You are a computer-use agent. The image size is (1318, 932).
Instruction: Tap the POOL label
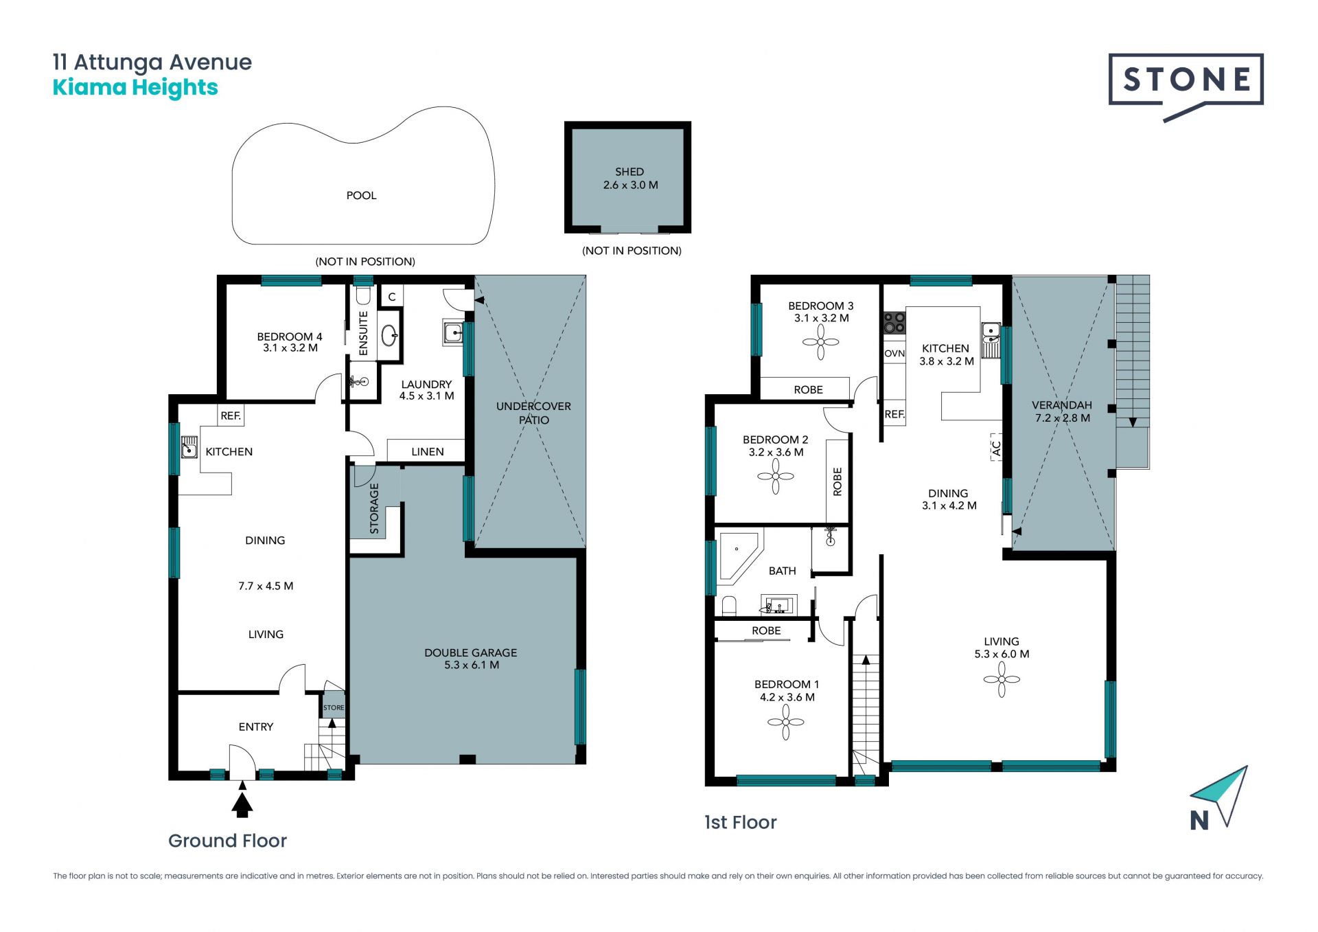click(361, 196)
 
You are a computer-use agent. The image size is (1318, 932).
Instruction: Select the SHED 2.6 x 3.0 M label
click(630, 179)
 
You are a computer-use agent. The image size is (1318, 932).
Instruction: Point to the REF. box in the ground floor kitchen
click(231, 416)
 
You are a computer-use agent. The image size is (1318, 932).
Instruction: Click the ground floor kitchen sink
click(189, 447)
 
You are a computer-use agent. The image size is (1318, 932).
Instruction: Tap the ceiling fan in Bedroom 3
click(820, 342)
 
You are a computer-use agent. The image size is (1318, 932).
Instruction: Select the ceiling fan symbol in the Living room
click(1002, 679)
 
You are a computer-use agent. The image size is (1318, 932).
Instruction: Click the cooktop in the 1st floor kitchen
click(894, 323)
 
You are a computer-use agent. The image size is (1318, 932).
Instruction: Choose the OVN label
click(894, 354)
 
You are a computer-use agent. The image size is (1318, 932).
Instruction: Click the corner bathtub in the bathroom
click(739, 556)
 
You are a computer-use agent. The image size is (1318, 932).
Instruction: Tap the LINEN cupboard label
click(428, 452)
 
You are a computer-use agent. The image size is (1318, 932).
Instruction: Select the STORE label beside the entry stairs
click(334, 707)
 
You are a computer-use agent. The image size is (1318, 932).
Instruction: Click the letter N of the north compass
click(1199, 821)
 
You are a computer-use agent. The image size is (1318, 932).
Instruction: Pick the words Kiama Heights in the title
click(135, 88)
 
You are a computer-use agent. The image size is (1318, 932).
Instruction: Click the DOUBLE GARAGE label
click(471, 653)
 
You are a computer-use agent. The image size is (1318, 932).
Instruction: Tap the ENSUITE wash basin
click(389, 335)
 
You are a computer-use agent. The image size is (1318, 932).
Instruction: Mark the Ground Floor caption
click(227, 841)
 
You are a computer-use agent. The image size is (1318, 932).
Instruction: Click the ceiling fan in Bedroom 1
click(786, 722)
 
